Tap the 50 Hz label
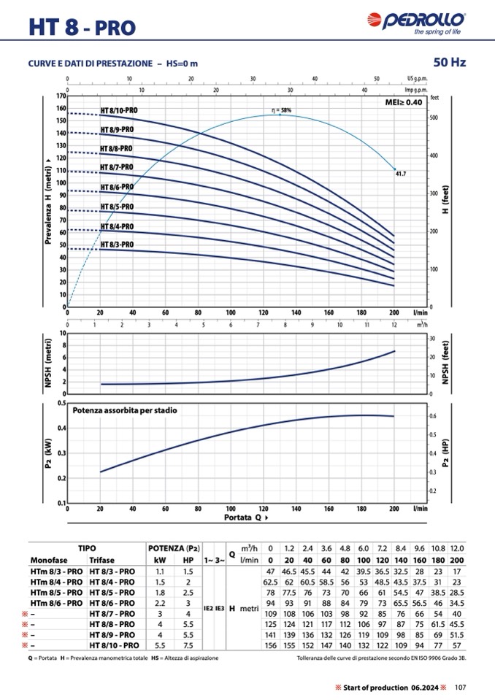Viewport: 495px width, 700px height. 449,63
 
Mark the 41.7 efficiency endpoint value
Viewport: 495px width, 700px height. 400,174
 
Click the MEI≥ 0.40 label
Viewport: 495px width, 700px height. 403,103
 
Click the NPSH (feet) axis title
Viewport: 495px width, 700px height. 445,363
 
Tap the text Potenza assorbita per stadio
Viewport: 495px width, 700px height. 124,410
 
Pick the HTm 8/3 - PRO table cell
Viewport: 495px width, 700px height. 56,572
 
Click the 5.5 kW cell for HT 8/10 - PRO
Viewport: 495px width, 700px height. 161,646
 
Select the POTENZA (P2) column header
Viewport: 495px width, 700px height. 174,547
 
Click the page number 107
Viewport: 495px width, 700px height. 460,686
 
